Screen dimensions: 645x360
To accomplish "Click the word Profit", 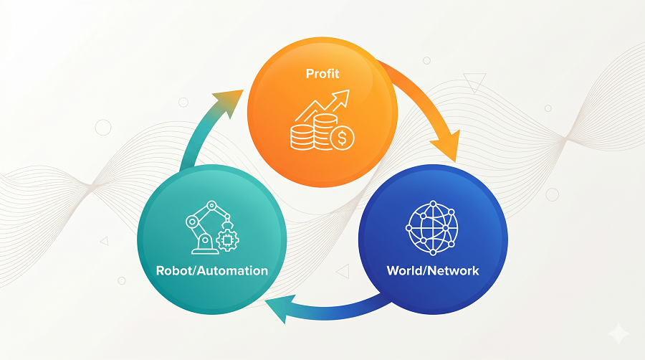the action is pos(322,74).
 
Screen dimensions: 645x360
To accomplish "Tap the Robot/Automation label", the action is pos(212,271).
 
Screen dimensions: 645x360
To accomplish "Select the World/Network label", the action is pos(433,271).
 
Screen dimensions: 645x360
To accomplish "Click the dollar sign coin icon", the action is pos(342,138).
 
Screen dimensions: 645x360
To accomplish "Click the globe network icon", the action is pos(432,228).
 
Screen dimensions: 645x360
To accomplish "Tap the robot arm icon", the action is pos(208,227).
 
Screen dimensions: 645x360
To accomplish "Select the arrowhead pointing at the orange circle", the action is pos(229,102).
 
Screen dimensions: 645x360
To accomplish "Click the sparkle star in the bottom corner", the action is pos(618,333).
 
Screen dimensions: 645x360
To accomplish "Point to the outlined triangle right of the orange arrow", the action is pos(474,82).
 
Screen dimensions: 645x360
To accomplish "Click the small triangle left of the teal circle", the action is pos(105,241).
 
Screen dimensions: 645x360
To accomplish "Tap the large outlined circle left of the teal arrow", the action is pos(103,128).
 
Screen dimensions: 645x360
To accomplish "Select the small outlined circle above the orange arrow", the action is pos(426,60).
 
